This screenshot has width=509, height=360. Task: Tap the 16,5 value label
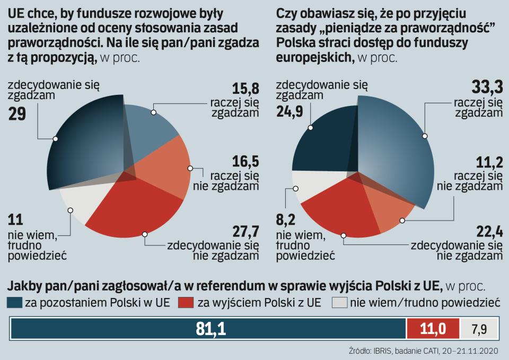coord(245,161)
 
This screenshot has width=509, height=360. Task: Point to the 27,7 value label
coord(245,231)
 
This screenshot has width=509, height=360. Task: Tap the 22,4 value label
coord(487,231)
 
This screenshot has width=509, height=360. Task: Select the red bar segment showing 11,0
coord(433,329)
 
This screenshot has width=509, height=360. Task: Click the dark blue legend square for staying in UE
coord(14,303)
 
